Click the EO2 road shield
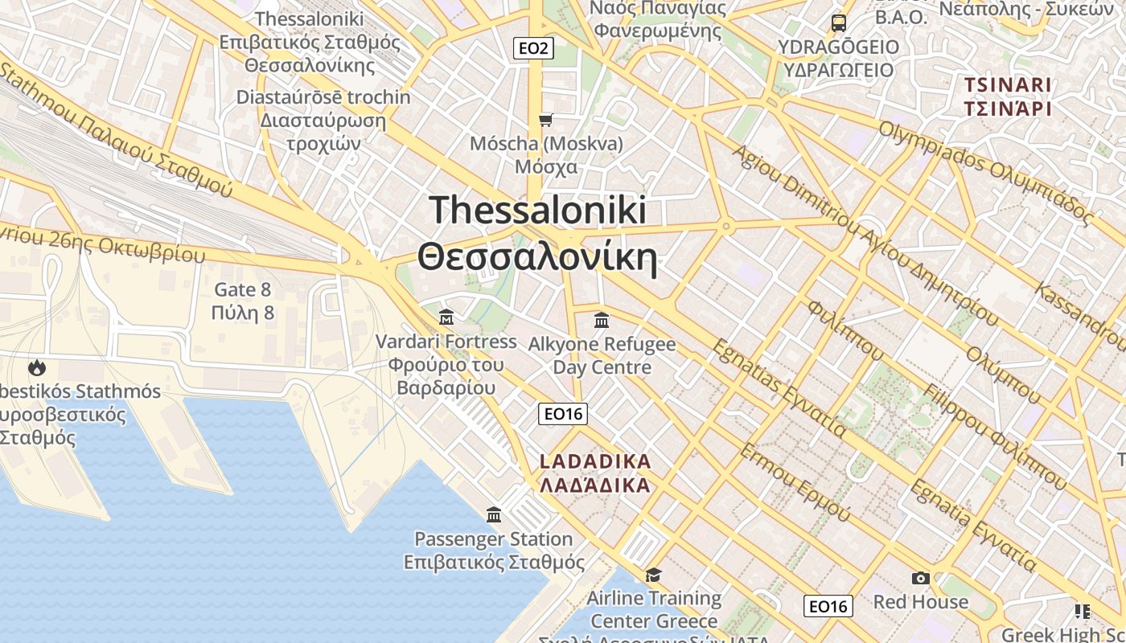(533, 48)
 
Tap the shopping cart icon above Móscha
(546, 121)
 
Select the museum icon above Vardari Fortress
(446, 317)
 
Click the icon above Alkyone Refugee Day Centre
(601, 321)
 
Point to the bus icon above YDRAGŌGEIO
(839, 23)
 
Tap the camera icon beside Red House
(920, 578)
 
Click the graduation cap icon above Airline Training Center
(653, 575)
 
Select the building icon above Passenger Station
(494, 514)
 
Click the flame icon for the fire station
(36, 368)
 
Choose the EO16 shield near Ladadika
(563, 414)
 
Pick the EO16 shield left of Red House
(828, 606)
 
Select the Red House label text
(921, 601)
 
